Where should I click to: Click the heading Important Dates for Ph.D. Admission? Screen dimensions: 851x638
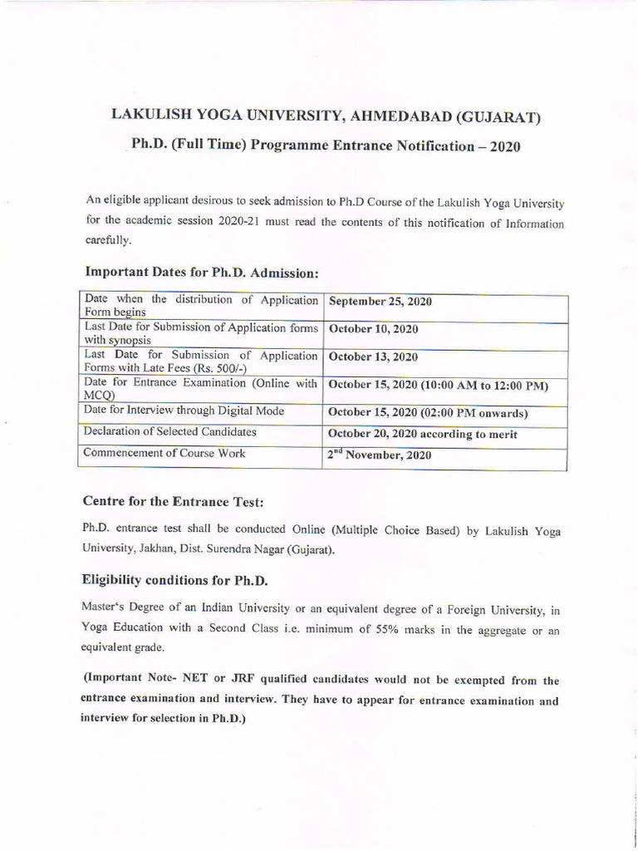pos(202,272)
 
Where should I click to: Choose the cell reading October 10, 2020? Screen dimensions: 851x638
pos(373,329)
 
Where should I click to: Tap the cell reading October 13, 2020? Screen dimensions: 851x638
pos(373,357)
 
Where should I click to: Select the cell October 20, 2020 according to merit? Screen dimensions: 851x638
pos(423,434)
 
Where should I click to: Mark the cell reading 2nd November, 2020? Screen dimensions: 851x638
pos(380,455)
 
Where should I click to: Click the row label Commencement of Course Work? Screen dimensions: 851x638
pos(165,454)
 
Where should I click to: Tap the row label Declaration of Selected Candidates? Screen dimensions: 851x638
pos(170,431)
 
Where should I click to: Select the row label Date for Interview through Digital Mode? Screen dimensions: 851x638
pos(184,410)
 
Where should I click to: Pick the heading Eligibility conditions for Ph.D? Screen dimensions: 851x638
pos(174,578)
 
